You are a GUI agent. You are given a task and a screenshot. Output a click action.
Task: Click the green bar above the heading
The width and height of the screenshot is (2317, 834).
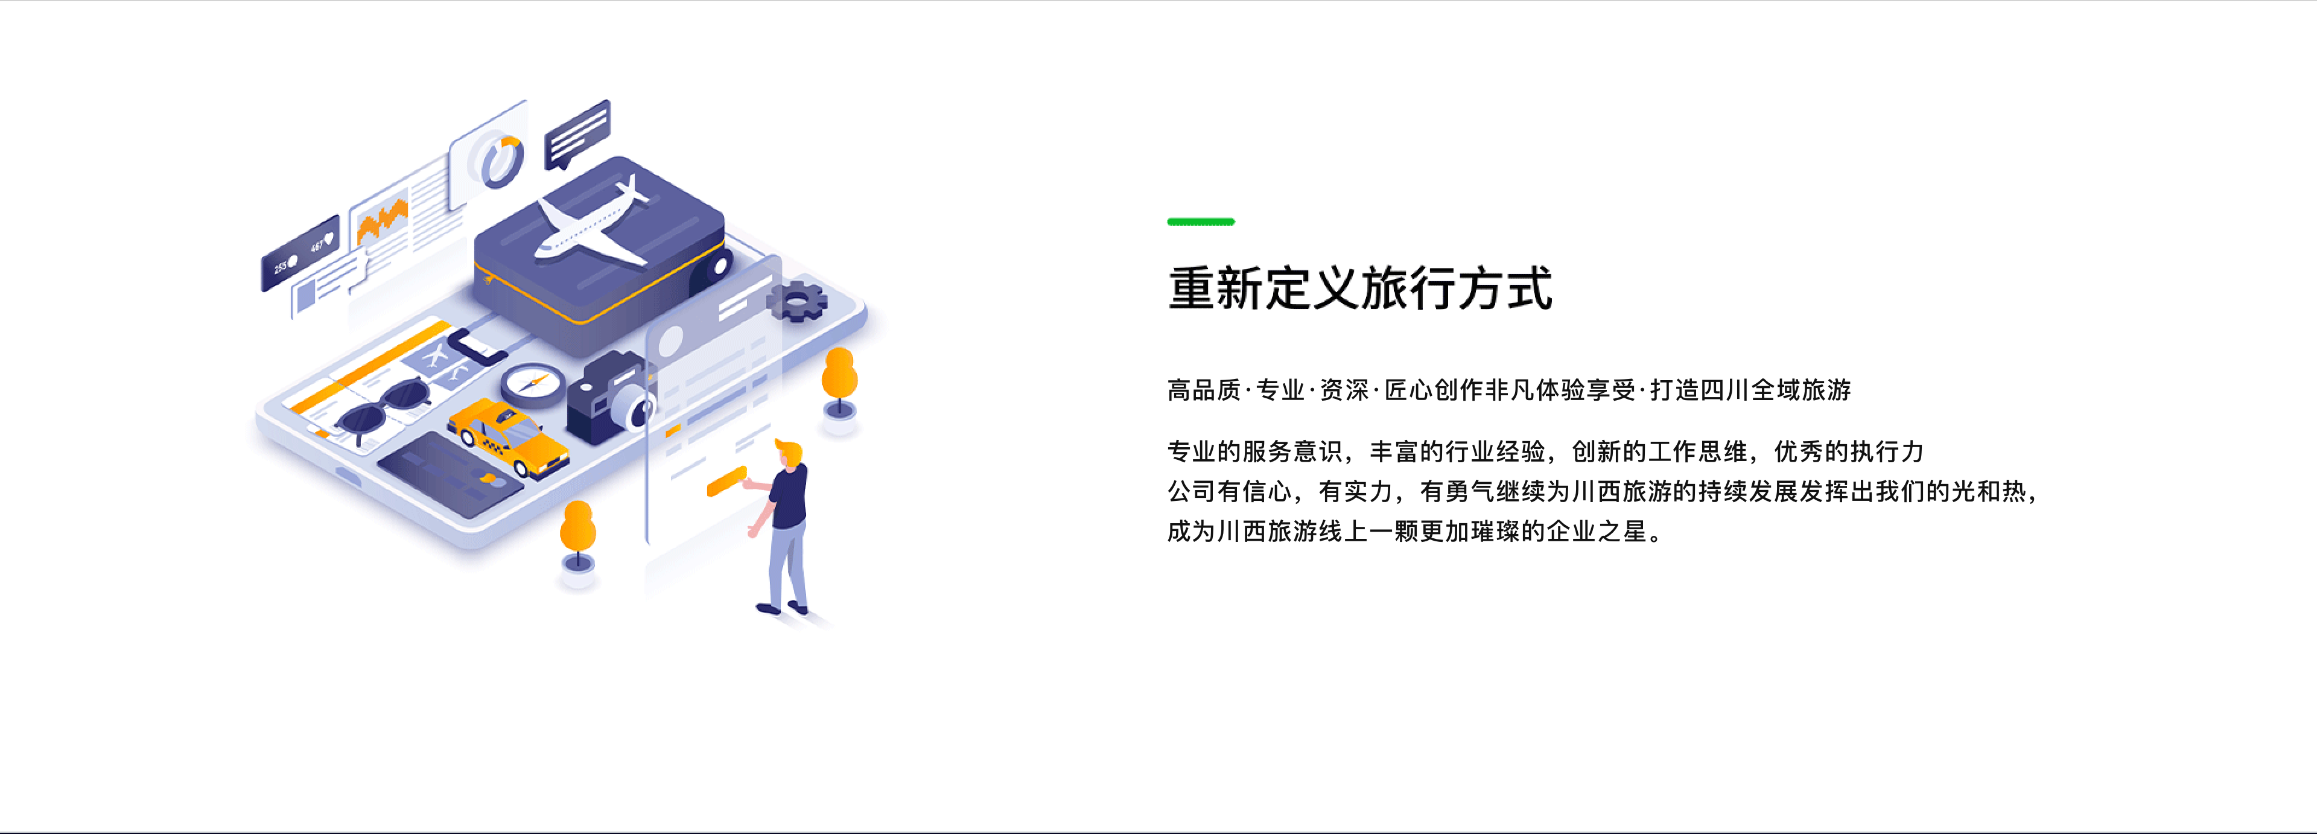(x=1201, y=221)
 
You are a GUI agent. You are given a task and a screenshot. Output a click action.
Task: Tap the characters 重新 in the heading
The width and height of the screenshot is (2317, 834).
(x=1216, y=289)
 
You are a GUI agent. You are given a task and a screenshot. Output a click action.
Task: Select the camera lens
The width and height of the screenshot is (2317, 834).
(x=634, y=409)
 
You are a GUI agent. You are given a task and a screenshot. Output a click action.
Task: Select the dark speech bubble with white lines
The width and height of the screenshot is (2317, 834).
(x=577, y=135)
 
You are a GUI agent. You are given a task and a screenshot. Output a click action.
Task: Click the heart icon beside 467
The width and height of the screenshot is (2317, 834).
(x=329, y=238)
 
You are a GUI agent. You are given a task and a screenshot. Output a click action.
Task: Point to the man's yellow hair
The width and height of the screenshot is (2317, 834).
(x=789, y=449)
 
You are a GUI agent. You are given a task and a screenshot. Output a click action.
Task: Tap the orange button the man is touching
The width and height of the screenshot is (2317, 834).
(x=726, y=482)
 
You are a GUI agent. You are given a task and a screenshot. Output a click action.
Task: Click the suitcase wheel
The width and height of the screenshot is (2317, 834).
(x=720, y=266)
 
